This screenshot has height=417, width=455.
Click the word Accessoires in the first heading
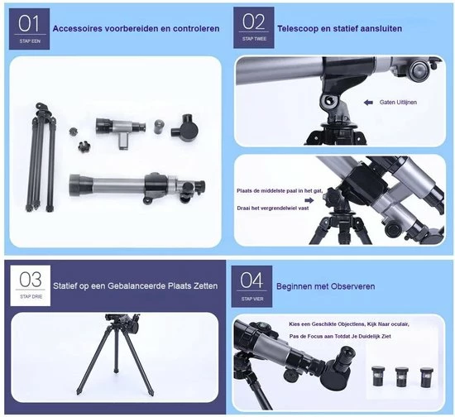coord(80,28)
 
